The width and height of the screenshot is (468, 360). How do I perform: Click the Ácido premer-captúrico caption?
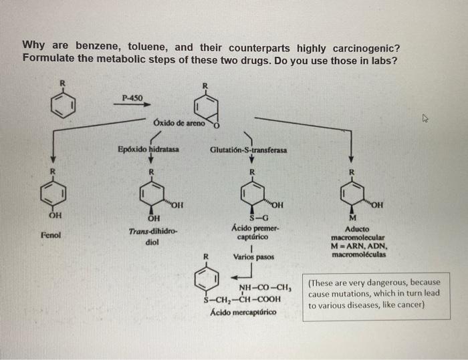point(252,232)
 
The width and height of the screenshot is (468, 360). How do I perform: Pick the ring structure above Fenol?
point(53,194)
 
